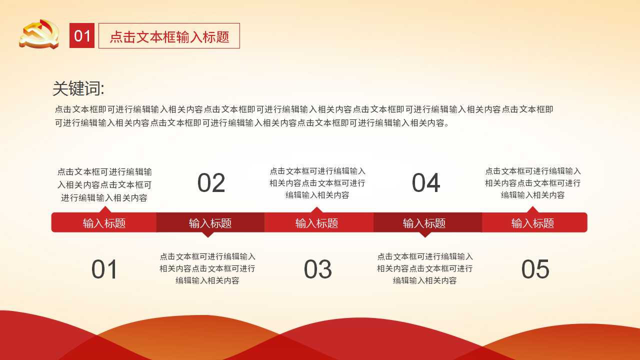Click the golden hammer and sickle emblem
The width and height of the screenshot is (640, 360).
pos(39,34)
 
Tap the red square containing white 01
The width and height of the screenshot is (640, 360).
pos(82,35)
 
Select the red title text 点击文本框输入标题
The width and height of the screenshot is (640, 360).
pos(169,37)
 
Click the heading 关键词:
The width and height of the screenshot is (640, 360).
pos(78,88)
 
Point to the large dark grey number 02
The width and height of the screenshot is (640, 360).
pos(211,183)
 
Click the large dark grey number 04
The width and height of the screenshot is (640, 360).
pos(426,183)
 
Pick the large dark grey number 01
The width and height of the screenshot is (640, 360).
pos(104,269)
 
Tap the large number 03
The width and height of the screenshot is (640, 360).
pos(318,269)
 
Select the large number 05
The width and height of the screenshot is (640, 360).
pos(535,269)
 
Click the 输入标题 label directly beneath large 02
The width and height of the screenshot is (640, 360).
pos(210,223)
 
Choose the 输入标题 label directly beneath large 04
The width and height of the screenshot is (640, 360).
pos(424,223)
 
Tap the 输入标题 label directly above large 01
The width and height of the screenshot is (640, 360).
pos(104,223)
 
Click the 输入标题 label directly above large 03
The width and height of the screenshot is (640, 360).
pos(317,223)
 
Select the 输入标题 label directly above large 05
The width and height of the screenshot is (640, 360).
pos(533,223)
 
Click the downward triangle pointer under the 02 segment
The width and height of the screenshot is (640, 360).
pos(208,234)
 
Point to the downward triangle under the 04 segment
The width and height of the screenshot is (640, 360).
pos(425,234)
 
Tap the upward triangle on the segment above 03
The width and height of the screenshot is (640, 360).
pos(316,210)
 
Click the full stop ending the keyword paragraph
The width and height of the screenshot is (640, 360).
pos(447,125)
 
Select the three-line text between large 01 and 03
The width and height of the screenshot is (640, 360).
pos(207,268)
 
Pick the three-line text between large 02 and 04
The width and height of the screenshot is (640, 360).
pos(317,183)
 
